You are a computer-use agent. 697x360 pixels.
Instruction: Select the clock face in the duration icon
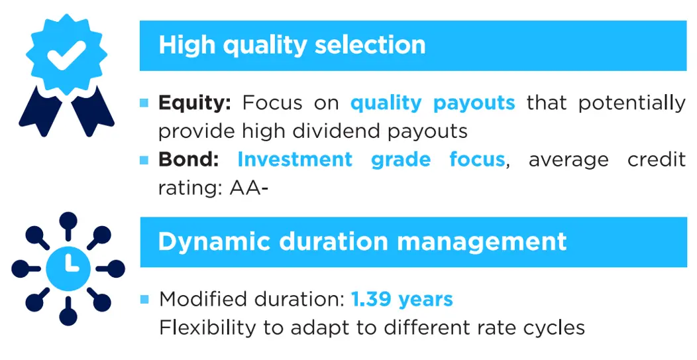click(68, 268)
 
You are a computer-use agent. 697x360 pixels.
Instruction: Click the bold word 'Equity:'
click(194, 103)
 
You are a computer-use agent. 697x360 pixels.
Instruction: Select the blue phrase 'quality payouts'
click(433, 103)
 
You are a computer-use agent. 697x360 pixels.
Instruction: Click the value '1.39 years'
click(402, 299)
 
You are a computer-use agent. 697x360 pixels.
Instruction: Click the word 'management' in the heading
click(482, 241)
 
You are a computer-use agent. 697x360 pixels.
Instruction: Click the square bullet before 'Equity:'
click(144, 103)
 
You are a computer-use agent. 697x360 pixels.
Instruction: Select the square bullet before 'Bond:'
click(144, 160)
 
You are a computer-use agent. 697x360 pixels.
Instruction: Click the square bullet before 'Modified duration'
click(144, 299)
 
